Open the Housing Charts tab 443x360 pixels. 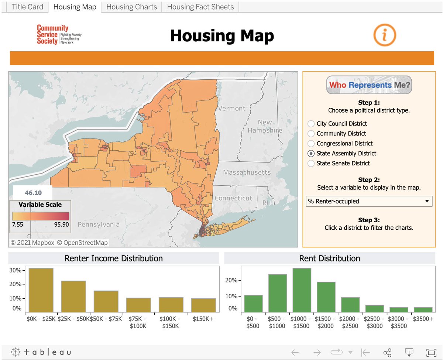click(131, 7)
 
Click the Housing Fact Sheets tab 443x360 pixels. click(200, 7)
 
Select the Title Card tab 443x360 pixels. click(27, 7)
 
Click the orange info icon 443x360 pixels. click(384, 35)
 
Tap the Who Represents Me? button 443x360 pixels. click(369, 85)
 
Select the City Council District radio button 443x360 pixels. click(311, 124)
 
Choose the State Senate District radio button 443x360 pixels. click(311, 163)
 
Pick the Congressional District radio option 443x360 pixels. click(311, 143)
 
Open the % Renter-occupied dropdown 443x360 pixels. click(369, 201)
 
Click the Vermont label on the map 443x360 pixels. click(231, 108)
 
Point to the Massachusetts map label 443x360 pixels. click(247, 172)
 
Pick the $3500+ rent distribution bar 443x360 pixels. click(423, 309)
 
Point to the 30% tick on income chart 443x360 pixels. click(15, 270)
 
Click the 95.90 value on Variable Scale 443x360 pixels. click(61, 224)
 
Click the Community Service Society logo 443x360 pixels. click(59, 35)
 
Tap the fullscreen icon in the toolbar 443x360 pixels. click(431, 352)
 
